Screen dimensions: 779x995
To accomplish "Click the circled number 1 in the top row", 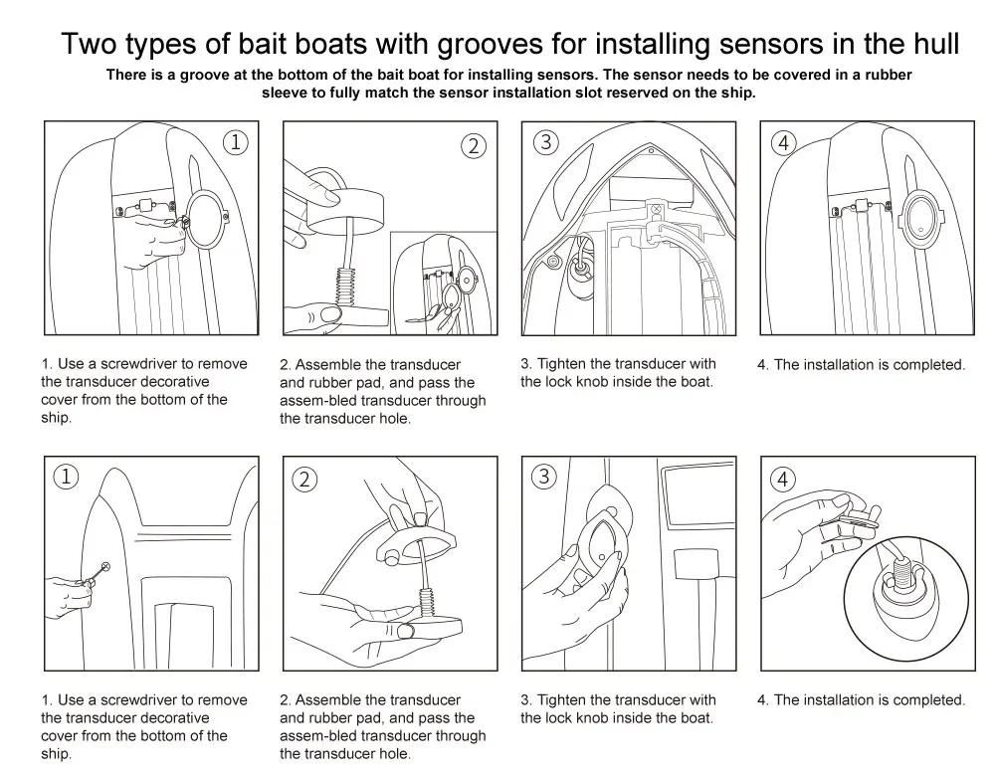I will tap(235, 142).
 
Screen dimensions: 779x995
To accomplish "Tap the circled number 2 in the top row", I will tap(475, 145).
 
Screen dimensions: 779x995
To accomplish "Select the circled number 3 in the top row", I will tap(544, 141).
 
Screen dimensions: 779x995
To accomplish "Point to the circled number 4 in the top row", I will tap(783, 143).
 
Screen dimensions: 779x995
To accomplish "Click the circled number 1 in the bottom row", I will tap(66, 477).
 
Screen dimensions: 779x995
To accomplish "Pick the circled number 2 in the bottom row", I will tap(304, 480).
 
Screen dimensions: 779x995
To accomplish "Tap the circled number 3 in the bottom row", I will tap(543, 477).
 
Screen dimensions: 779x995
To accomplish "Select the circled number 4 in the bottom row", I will tap(783, 480).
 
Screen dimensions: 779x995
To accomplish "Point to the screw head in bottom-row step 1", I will tap(105, 567).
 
